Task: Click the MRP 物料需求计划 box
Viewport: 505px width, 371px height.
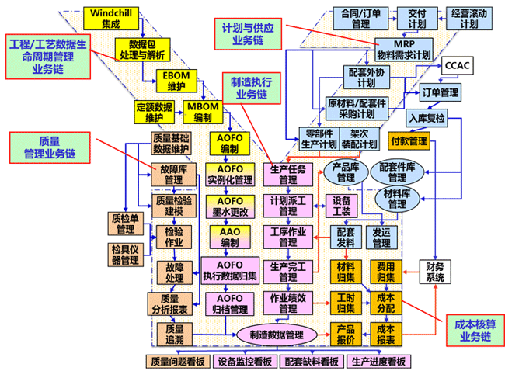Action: point(403,50)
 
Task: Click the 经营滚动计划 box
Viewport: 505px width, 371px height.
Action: point(468,19)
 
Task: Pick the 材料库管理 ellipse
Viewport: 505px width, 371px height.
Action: point(397,199)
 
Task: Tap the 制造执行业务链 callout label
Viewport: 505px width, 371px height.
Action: point(251,87)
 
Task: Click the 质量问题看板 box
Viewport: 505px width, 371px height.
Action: point(179,361)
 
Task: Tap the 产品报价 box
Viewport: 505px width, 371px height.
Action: point(346,334)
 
